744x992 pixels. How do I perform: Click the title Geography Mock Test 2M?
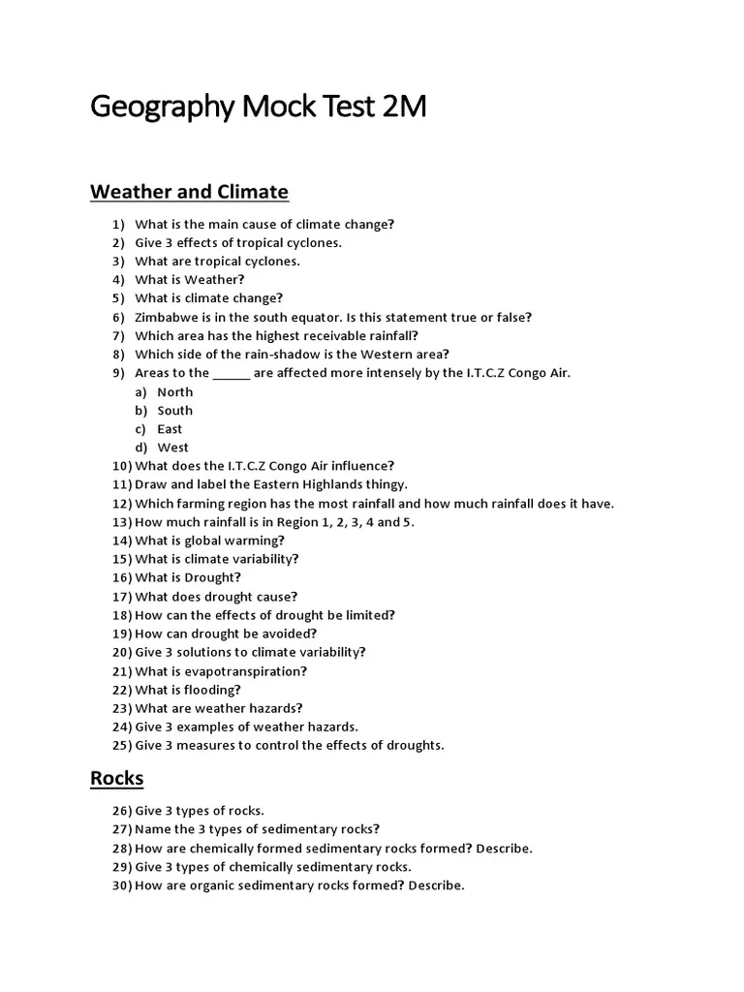pos(258,107)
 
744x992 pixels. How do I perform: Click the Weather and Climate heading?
pos(189,191)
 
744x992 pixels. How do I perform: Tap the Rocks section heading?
pos(116,777)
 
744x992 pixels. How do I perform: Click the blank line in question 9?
pos(231,373)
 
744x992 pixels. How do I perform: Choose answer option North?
pos(175,391)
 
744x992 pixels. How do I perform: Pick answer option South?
pos(175,410)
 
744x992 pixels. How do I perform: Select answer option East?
pos(170,428)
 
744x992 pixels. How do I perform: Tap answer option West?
pos(173,447)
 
